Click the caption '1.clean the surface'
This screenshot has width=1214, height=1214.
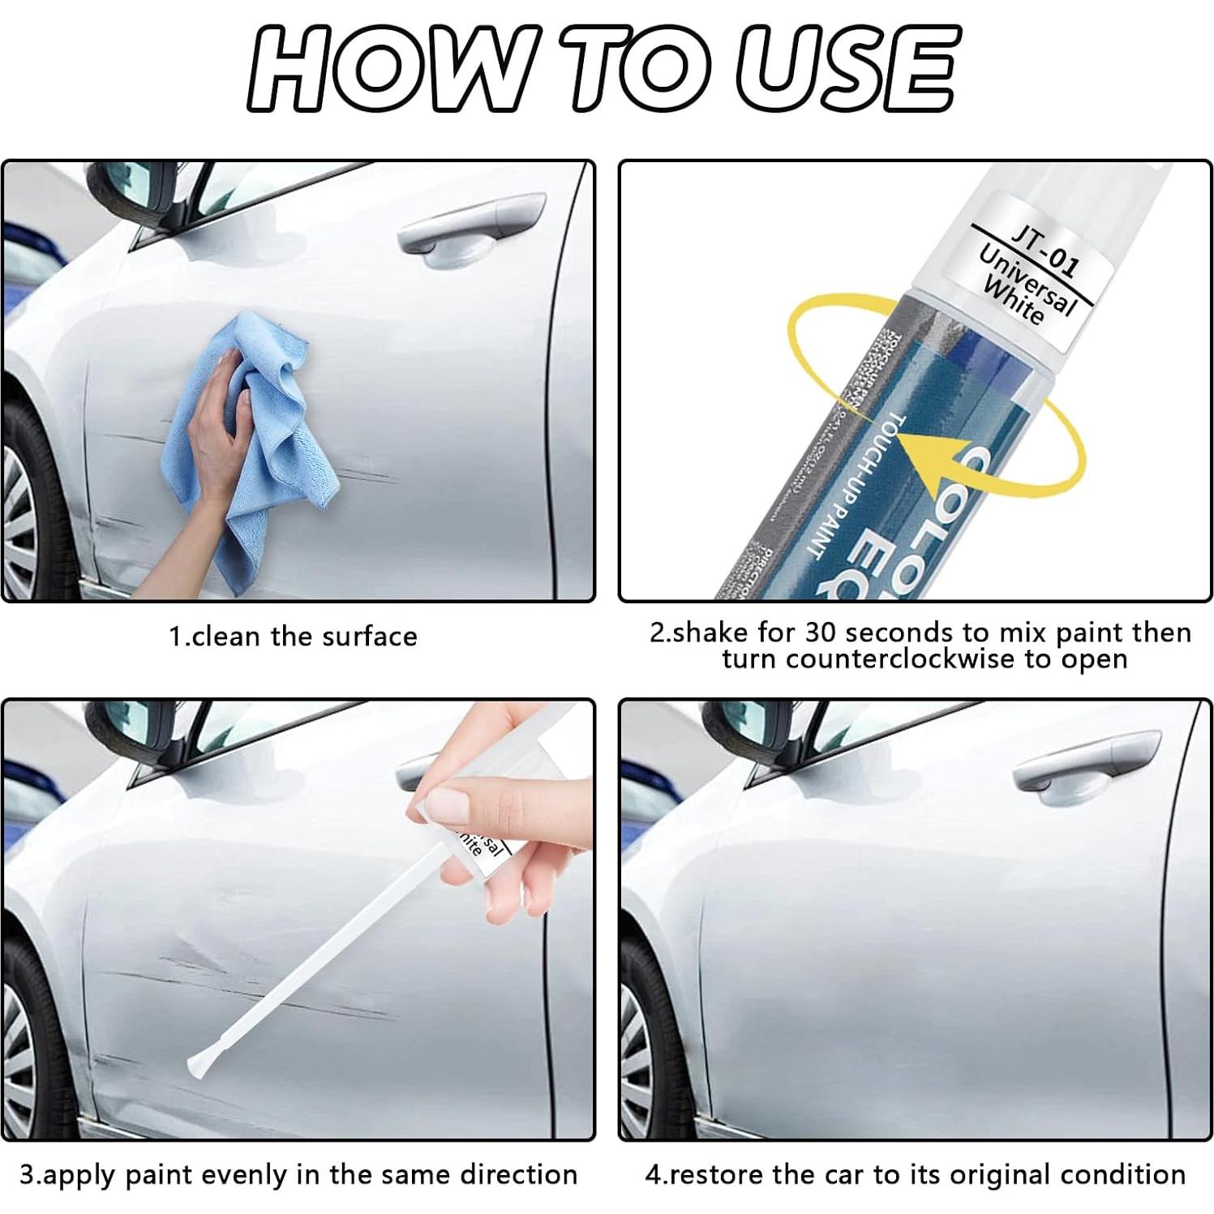[293, 636]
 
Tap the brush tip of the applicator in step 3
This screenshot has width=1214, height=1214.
[197, 1063]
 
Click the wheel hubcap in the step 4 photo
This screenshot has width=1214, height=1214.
[637, 1046]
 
